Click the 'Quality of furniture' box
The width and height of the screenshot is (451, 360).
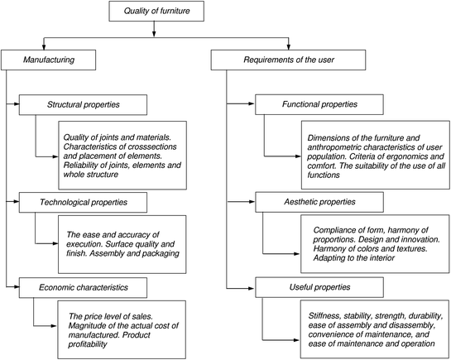point(156,12)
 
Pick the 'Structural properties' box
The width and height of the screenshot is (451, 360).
point(82,105)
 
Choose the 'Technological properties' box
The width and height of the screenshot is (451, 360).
point(82,201)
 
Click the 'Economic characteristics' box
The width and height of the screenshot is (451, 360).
point(82,287)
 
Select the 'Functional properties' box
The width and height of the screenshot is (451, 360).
point(319,105)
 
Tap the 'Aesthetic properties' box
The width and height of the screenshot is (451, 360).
point(319,201)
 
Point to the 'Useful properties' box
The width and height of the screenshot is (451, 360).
point(319,287)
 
